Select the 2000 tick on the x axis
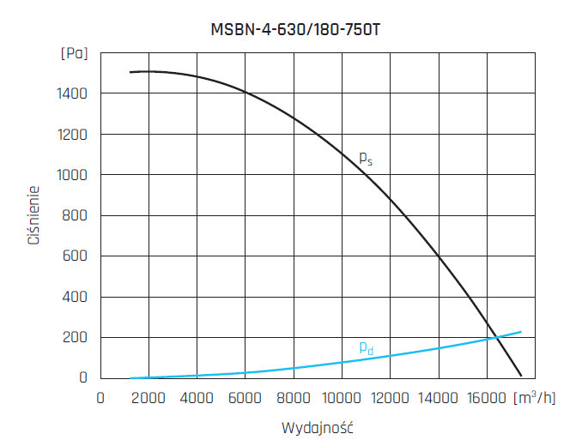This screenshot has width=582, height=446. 149,398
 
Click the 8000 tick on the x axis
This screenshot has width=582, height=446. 294,398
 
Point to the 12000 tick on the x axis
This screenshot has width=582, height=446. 391,398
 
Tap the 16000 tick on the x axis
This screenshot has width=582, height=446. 487,398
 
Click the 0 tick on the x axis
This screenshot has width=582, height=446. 101,398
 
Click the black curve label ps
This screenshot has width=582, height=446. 366,158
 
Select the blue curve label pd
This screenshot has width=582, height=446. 366,347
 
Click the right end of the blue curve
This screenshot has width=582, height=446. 521,332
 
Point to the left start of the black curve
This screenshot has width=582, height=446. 130,72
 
